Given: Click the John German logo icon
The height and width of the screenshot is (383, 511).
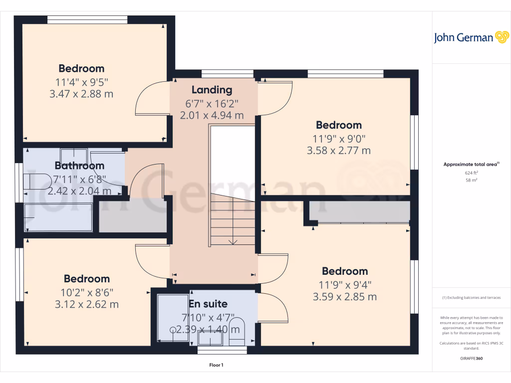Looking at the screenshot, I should point(501,37).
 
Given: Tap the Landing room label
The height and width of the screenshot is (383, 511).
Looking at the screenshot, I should point(212,90).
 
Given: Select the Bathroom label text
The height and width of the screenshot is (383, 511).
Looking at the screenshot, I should point(79,166).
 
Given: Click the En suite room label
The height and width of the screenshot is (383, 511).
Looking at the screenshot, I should point(208,304).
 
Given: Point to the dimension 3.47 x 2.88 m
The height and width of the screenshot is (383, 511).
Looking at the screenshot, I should point(82,93).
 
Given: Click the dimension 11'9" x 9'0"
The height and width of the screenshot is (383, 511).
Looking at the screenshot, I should point(339,138).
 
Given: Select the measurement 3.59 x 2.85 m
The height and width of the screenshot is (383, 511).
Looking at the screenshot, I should point(345,297).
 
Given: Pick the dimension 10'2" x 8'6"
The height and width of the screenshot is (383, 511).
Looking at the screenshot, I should point(86,292).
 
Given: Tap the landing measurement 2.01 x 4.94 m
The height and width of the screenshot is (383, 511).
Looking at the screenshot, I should point(212,115).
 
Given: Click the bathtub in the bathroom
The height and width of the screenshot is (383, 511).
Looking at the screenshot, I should point(59,217).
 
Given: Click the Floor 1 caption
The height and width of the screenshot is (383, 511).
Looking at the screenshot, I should point(216,365).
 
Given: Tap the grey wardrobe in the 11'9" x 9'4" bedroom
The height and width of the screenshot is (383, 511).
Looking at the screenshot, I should point(359,211).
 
